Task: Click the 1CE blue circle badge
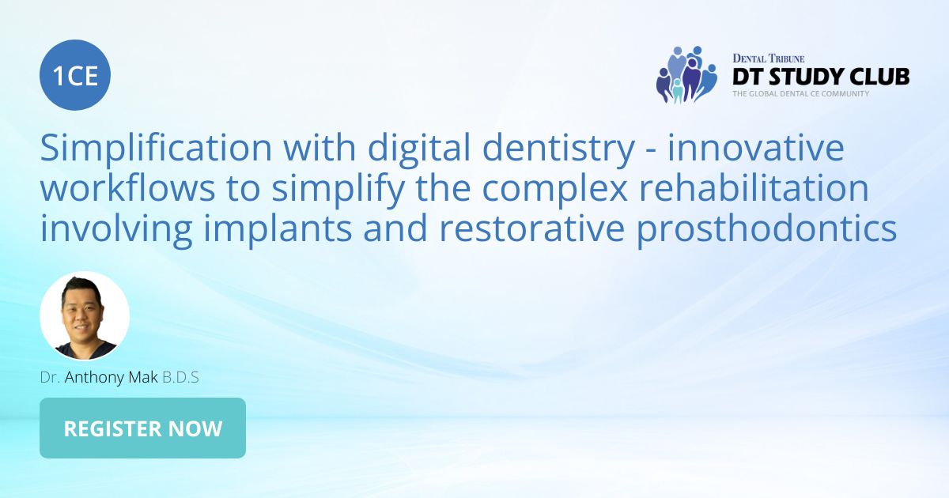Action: coord(75,75)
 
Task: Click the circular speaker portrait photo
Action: coord(85,316)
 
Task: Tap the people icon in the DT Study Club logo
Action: coord(686,74)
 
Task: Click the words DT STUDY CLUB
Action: coord(820,77)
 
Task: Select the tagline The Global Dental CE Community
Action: coord(800,93)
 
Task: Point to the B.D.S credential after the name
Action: coord(180,377)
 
